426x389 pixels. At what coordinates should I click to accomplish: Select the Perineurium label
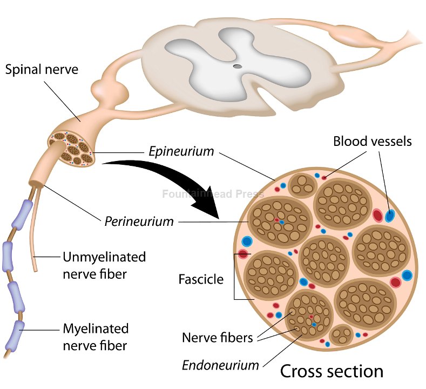[139, 221]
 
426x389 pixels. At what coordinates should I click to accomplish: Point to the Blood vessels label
[372, 142]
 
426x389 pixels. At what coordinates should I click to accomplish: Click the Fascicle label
[200, 279]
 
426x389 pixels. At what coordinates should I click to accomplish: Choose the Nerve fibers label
[217, 338]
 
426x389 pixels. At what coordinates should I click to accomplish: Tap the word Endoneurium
[220, 365]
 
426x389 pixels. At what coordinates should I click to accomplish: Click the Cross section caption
[331, 371]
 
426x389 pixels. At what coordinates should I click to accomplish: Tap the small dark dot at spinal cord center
[237, 66]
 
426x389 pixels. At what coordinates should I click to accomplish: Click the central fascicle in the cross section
[324, 260]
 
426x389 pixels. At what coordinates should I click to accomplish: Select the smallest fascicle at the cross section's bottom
[341, 335]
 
